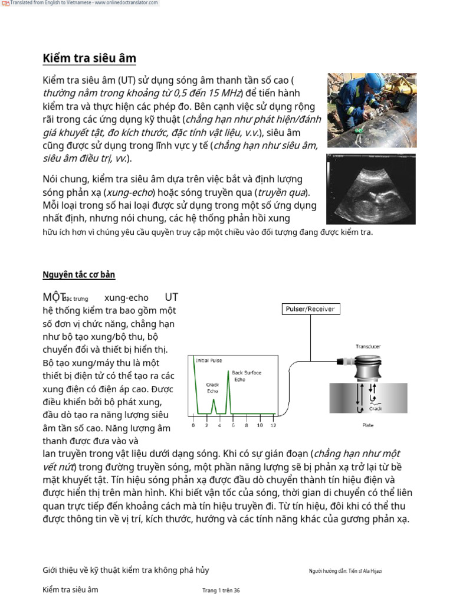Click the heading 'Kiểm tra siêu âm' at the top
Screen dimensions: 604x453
tap(89, 58)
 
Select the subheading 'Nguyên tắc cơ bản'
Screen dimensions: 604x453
tap(78, 274)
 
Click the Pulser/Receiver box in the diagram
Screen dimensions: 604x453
tap(310, 308)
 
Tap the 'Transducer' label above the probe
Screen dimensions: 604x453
tap(367, 346)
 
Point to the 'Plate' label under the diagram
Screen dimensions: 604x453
tap(367, 425)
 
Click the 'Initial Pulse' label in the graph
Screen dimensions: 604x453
tap(209, 360)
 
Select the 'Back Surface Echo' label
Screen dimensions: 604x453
tap(247, 376)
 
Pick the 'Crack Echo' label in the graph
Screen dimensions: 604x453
tap(212, 388)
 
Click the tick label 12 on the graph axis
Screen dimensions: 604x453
tap(273, 425)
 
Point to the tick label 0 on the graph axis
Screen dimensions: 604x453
tap(193, 425)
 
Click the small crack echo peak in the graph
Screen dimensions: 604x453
tap(214, 401)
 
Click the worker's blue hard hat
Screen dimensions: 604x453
tap(372, 80)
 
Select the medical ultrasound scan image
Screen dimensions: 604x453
tap(371, 189)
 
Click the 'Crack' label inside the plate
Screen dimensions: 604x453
tap(376, 408)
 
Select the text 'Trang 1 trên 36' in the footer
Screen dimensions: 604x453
tap(221, 590)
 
